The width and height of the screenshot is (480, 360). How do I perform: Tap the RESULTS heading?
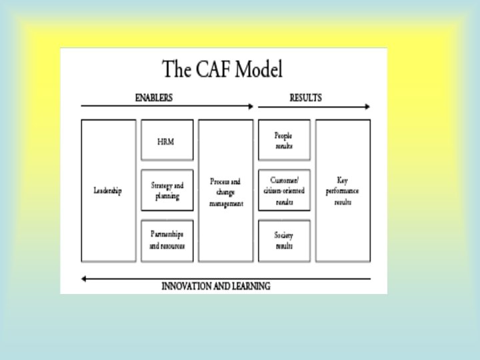[x=306, y=97]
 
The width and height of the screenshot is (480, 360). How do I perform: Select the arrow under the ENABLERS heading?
[x=167, y=106]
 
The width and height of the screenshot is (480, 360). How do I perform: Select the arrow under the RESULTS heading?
[x=313, y=106]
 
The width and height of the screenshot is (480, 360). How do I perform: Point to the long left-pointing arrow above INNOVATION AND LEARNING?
[x=225, y=278]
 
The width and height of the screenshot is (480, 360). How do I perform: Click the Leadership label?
[x=107, y=191]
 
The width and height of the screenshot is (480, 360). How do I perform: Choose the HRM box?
[x=167, y=141]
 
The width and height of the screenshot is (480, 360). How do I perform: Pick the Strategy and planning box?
[x=167, y=191]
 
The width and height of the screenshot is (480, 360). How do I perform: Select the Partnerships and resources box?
[x=167, y=241]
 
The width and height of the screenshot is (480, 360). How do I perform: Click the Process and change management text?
[x=226, y=192]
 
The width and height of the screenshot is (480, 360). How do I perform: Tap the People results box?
[x=284, y=141]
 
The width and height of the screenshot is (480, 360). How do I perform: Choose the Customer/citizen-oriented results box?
[x=284, y=191]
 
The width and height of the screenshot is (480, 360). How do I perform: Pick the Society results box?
[x=284, y=241]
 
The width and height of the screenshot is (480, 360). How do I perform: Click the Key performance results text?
[x=343, y=191]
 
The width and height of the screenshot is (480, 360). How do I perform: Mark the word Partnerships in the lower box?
[x=167, y=236]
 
